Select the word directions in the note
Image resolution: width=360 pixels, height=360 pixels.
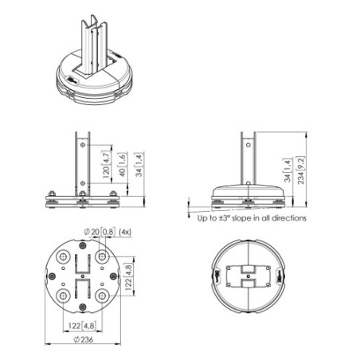289,217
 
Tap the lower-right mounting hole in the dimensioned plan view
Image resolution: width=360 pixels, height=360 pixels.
103,297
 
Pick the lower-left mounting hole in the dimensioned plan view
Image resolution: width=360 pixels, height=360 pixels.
63,297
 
